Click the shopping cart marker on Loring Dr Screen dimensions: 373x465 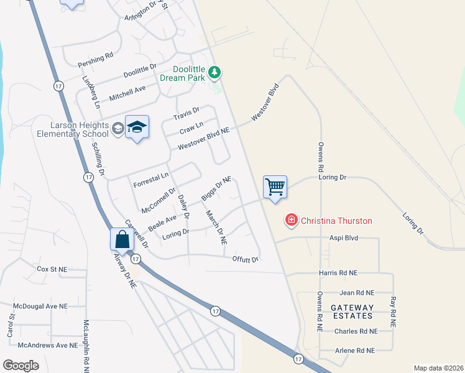coord(275,186)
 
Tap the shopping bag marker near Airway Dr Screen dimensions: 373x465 coord(122,239)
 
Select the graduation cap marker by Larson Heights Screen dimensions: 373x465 coord(137,127)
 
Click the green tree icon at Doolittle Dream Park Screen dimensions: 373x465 coord(214,73)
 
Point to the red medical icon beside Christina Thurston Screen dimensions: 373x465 coord(291,220)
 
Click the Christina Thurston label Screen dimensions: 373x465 coord(336,221)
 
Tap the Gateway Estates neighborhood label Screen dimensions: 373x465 coord(352,312)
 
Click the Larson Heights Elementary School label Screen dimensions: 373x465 coord(73,129)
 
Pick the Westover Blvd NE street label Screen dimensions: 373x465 coord(204,139)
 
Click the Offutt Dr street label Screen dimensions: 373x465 coord(245,259)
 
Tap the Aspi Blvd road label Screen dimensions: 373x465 coord(344,238)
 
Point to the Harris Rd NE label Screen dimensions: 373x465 coord(337,272)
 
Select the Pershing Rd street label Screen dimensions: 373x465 coord(95,60)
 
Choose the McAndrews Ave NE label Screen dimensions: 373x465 coord(48,345)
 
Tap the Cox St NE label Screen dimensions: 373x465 coord(52,269)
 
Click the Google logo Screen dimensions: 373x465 coord(21,366)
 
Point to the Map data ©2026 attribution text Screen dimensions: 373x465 coord(438,368)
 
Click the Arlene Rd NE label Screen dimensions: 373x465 coord(354,351)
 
